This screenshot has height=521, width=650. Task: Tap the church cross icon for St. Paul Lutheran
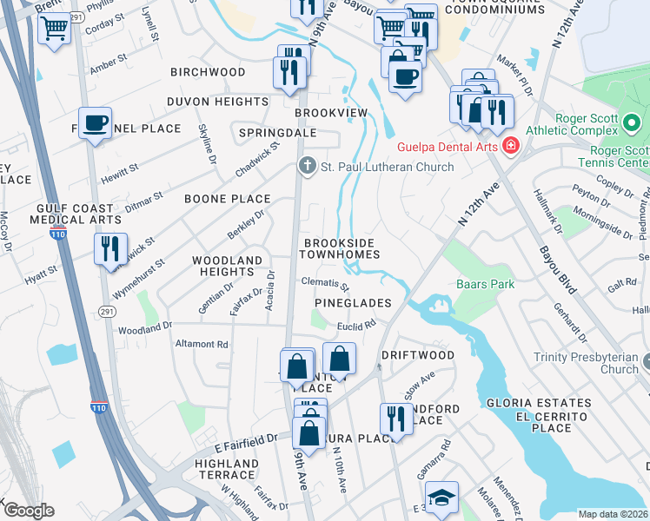[x=306, y=166]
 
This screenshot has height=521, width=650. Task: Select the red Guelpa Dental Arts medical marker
[x=511, y=145]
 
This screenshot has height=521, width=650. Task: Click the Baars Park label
[x=485, y=284]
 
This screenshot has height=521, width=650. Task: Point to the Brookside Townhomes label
[x=340, y=247]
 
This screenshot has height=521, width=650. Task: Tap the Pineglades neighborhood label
[x=352, y=303]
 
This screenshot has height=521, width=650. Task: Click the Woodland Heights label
[x=227, y=266]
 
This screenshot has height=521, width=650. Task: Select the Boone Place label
[x=227, y=199]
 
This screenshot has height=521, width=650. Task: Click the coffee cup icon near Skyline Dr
[x=96, y=123]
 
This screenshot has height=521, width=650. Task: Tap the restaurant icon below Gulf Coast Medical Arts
[x=110, y=248]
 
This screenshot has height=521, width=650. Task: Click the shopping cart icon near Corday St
[x=55, y=31]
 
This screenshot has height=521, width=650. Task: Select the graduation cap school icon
[x=442, y=498]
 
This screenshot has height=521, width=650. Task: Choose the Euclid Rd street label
[x=356, y=324]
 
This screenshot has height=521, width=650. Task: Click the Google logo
[x=28, y=511]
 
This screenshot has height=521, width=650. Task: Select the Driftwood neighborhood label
[x=418, y=356]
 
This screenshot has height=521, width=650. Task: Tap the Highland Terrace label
[x=226, y=470]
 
